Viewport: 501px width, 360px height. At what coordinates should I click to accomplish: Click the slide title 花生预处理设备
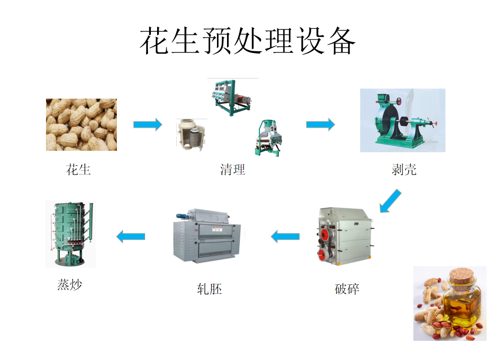[248, 41]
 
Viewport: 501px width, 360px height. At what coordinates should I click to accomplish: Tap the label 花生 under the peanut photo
[79, 169]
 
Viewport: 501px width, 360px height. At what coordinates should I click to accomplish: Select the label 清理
[233, 169]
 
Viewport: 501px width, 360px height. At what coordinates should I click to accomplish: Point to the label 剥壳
[404, 169]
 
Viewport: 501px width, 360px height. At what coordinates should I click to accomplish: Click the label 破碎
[347, 289]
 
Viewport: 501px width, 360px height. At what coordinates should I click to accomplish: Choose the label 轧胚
[209, 289]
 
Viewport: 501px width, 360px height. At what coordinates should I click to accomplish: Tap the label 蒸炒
[70, 285]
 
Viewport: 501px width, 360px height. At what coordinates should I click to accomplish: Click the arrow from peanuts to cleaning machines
[148, 124]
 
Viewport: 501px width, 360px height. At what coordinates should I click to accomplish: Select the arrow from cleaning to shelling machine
[320, 124]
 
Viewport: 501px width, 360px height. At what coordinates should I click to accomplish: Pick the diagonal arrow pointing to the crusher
[390, 201]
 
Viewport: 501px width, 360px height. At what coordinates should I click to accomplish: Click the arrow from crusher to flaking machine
[285, 236]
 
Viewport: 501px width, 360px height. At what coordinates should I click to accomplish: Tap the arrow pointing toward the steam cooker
[131, 236]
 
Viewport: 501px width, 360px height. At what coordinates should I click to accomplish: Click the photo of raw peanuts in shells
[81, 124]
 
